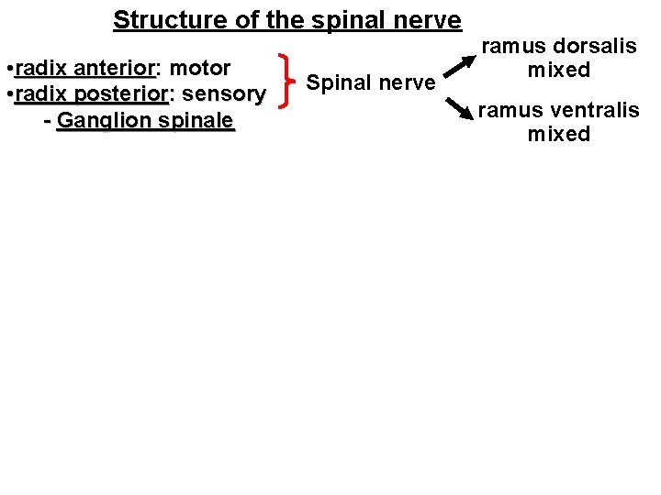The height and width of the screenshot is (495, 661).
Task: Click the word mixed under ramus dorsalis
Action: point(558,70)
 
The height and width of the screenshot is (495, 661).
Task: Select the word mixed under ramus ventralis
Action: point(558,135)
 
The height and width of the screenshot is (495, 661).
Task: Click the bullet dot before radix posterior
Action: point(8,94)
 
